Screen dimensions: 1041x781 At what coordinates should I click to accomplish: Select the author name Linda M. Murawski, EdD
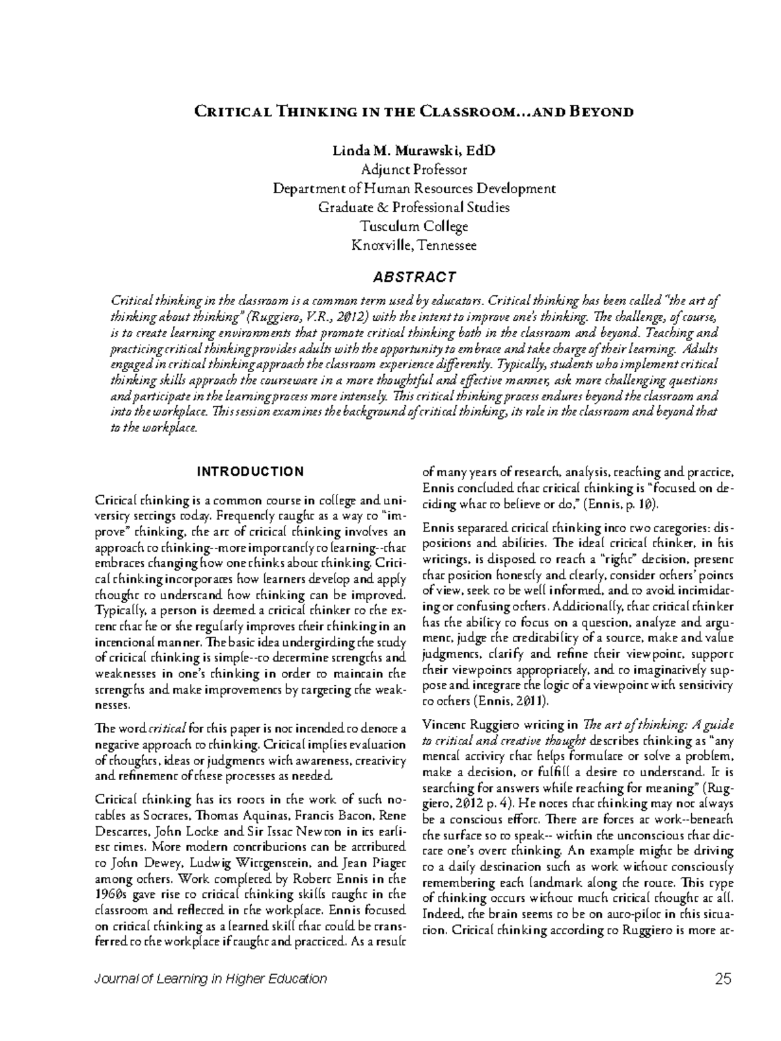[414, 151]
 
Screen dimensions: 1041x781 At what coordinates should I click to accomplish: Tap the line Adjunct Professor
[414, 170]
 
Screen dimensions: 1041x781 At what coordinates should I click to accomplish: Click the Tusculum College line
[414, 226]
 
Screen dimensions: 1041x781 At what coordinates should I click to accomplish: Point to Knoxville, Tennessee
[414, 245]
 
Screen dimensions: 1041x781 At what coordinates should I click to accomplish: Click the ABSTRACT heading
[414, 277]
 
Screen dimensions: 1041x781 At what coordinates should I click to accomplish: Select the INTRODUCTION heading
[250, 472]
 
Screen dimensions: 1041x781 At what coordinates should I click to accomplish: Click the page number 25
[723, 979]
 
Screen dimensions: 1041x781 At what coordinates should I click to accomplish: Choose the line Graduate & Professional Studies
[414, 208]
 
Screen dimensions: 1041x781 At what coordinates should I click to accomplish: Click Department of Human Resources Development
[414, 189]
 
